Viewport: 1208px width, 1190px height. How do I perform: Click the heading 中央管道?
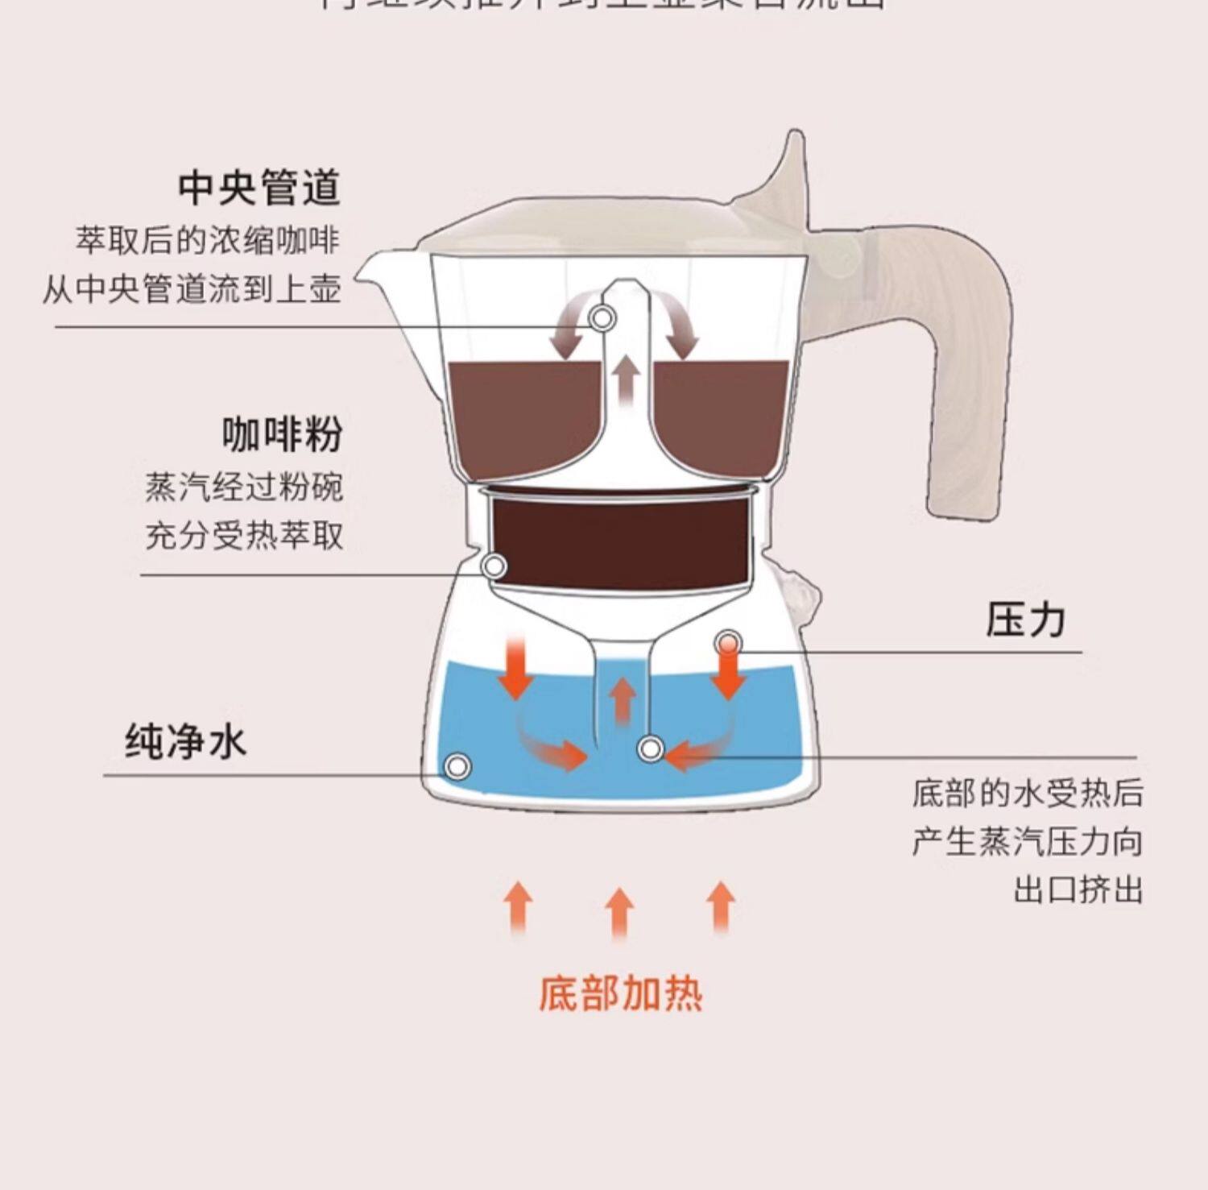coord(259,188)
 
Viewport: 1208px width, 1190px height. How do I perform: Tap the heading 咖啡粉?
coord(283,434)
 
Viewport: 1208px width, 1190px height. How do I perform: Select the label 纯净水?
coord(185,740)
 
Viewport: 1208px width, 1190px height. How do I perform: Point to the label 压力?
coord(1025,620)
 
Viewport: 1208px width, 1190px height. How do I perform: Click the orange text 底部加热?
coord(620,993)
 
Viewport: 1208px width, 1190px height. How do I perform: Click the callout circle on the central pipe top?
coord(602,318)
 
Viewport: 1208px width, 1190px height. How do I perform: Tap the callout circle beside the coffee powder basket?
coord(494,566)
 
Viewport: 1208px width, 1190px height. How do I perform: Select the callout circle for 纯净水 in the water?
coord(457,765)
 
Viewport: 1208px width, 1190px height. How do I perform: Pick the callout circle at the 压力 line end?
coord(728,642)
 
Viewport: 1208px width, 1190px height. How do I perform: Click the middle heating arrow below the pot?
coord(619,913)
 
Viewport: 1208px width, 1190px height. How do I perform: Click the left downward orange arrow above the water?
coord(515,669)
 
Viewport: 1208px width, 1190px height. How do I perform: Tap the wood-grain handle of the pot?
coord(966,363)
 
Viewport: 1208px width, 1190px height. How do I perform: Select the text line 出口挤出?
coord(1078,890)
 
